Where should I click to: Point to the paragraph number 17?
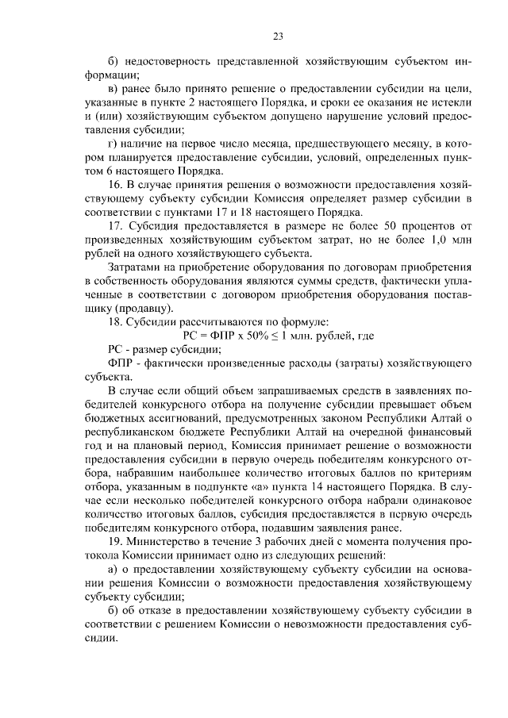click(114, 226)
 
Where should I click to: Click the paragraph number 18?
click(114, 322)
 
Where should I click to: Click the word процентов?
click(429, 226)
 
